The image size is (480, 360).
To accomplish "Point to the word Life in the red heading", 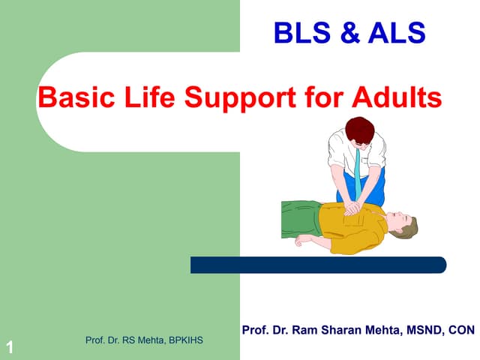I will pyautogui.click(x=145, y=97).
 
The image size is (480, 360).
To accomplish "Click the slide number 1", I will pyautogui.click(x=9, y=346).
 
